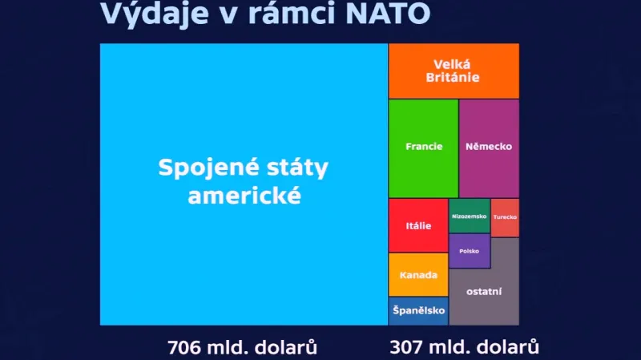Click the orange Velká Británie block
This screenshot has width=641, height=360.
tap(454, 71)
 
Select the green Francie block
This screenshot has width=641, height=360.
tap(424, 148)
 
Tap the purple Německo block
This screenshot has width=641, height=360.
tap(489, 148)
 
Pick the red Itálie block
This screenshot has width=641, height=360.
tap(418, 225)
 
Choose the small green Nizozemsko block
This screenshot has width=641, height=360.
tap(469, 216)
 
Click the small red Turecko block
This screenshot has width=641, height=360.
tap(505, 217)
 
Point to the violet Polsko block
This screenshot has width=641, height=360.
tap(469, 251)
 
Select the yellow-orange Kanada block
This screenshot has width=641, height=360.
tap(418, 275)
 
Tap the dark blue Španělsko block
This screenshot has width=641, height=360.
tap(418, 311)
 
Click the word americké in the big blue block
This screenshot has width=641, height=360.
tap(244, 195)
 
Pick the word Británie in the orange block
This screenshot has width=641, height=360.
tap(454, 78)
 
